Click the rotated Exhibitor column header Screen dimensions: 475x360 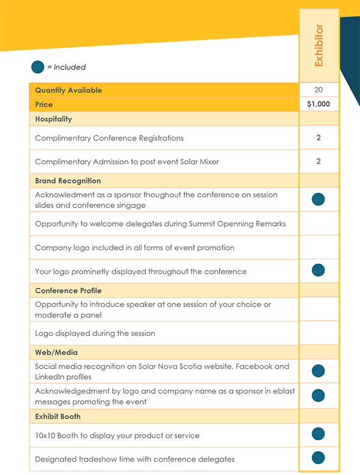pyautogui.click(x=319, y=46)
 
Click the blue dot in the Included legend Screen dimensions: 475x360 pyautogui.click(x=38, y=67)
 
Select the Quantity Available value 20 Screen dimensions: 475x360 pyautogui.click(x=319, y=90)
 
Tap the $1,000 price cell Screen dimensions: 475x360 pyautogui.click(x=319, y=104)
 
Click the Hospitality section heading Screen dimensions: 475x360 pyautogui.click(x=53, y=119)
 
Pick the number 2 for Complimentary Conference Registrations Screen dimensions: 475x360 pyautogui.click(x=319, y=138)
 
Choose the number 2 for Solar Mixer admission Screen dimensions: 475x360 pyautogui.click(x=319, y=161)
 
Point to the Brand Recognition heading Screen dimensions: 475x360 pyautogui.click(x=68, y=181)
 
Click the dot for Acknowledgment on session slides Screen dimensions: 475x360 pyautogui.click(x=319, y=200)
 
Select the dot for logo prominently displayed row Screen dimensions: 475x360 pyautogui.click(x=319, y=270)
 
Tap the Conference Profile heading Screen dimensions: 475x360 pyautogui.click(x=69, y=290)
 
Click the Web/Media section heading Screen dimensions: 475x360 pyautogui.click(x=56, y=353)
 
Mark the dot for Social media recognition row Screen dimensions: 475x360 pyautogui.click(x=319, y=371)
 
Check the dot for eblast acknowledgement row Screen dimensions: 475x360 pyautogui.click(x=319, y=395)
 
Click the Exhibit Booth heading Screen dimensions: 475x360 pyautogui.click(x=58, y=416)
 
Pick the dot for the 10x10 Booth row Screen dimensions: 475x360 pyautogui.click(x=319, y=434)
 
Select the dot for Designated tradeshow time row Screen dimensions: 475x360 pyautogui.click(x=319, y=458)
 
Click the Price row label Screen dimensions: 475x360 pyautogui.click(x=44, y=104)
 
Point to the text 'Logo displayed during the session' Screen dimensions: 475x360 pyautogui.click(x=95, y=333)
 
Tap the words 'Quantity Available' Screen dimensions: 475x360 pyautogui.click(x=68, y=90)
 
